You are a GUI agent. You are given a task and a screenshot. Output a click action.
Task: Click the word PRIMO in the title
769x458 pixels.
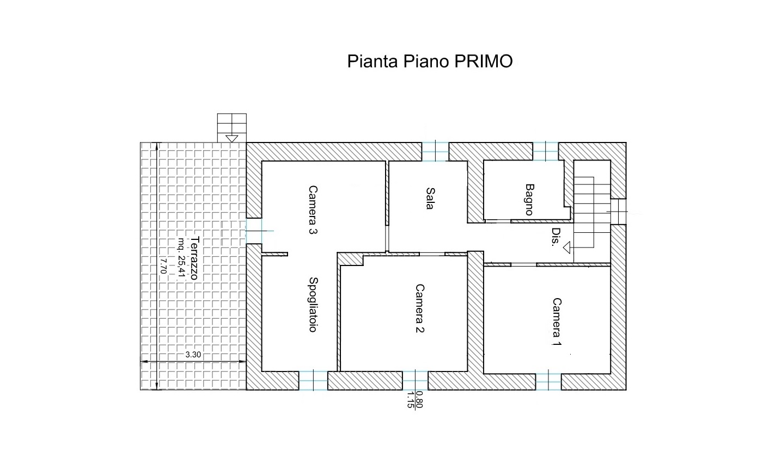tap(484, 61)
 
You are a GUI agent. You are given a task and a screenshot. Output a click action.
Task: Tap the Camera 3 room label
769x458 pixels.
tap(313, 210)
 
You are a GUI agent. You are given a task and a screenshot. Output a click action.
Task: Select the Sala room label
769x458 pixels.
tap(430, 199)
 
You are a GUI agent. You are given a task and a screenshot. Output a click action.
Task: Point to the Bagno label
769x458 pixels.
tap(530, 200)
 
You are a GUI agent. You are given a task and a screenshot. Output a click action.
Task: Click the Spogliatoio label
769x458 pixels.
tap(313, 305)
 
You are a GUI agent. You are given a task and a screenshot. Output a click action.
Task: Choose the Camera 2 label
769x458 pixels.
tap(419, 308)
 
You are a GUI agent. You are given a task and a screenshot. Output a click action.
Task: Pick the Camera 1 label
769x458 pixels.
tap(557, 322)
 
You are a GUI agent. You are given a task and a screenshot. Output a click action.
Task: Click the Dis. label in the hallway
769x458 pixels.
tap(555, 237)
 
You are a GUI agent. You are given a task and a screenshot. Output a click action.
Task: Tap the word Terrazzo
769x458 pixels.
tap(194, 258)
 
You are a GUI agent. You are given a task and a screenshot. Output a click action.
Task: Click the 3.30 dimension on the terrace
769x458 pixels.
tap(193, 355)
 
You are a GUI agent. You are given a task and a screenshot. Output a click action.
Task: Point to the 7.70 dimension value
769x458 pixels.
tap(163, 266)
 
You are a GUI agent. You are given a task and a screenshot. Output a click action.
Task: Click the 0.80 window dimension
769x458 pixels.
tap(419, 399)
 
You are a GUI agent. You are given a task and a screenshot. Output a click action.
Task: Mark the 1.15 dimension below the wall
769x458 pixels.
tap(410, 400)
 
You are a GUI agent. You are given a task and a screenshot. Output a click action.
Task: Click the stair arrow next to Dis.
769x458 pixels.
tap(566, 247)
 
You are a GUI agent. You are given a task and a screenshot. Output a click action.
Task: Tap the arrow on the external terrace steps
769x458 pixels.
tap(231, 139)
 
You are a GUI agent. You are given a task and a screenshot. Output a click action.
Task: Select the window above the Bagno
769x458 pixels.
tap(546, 151)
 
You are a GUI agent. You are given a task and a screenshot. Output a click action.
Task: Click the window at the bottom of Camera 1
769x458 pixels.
tap(548, 381)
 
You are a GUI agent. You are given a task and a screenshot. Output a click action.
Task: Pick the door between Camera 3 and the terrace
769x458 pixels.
tap(254, 231)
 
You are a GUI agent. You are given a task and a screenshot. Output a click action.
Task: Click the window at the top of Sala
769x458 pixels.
tap(435, 151)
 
